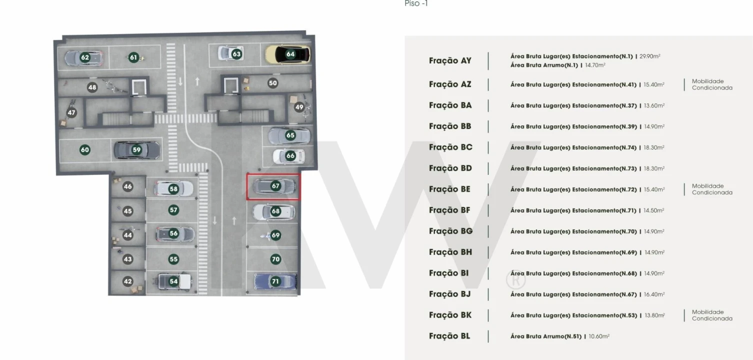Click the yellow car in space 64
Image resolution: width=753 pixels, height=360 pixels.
(287, 54)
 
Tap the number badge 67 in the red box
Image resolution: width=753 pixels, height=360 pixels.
(275, 186)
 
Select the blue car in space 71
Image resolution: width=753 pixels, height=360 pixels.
(275, 281)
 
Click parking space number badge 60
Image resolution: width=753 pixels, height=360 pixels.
(85, 149)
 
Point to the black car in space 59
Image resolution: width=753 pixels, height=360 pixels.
(136, 149)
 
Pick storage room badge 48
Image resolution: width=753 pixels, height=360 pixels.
(92, 87)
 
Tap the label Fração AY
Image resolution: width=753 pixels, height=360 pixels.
(450, 60)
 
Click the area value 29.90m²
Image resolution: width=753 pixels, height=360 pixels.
(650, 56)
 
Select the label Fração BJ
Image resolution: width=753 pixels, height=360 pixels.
(449, 294)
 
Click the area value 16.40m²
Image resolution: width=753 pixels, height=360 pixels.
(654, 294)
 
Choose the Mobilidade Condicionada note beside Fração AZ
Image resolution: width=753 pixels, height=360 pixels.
(712, 84)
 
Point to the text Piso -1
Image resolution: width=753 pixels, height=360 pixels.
(416, 4)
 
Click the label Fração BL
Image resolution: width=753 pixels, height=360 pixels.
(449, 336)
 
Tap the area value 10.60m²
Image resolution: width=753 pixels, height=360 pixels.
(599, 336)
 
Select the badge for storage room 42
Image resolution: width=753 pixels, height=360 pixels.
(127, 281)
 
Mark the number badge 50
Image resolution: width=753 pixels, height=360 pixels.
(272, 83)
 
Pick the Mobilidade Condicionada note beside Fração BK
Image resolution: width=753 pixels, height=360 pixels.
(712, 315)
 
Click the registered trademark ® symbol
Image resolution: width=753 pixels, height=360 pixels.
(516, 280)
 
